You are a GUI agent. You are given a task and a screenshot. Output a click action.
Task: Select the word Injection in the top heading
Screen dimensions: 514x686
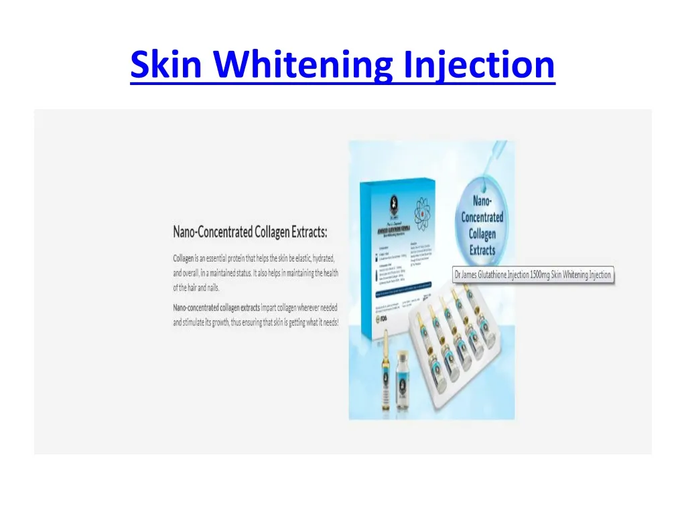coord(480,66)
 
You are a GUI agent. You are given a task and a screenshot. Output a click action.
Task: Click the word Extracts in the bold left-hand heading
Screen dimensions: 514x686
coord(304,233)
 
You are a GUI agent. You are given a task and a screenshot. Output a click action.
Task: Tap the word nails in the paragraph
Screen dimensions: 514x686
coord(210,288)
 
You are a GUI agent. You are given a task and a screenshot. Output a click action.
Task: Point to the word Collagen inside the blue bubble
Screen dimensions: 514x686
coord(482,234)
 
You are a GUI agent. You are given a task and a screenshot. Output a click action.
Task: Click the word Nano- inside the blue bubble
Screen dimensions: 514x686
coord(482,201)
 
